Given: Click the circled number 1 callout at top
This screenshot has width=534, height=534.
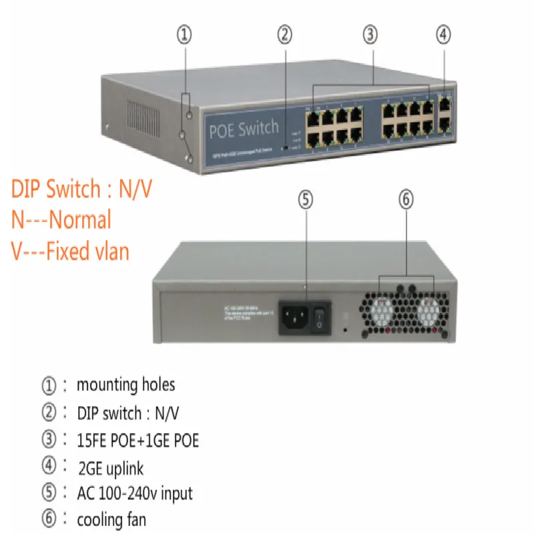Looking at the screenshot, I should [185, 35].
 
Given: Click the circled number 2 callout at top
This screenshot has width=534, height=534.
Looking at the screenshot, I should [285, 35].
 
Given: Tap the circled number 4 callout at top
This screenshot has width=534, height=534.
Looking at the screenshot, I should [445, 35].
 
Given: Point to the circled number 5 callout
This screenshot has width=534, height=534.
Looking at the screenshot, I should [305, 200].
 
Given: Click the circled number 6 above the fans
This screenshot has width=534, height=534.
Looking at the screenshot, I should [405, 200].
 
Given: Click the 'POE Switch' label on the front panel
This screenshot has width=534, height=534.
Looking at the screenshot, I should [244, 128].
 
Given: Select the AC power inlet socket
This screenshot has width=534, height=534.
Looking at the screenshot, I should [294, 320].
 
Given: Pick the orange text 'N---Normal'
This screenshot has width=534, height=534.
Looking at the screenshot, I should [61, 220].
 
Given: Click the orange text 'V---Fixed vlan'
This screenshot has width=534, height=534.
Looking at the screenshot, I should [69, 251].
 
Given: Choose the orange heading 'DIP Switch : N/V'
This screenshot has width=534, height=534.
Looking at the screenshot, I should [81, 189].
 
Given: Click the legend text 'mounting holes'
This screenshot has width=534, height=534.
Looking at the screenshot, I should [125, 384].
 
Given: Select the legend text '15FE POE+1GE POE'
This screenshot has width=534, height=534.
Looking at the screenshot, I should [138, 441].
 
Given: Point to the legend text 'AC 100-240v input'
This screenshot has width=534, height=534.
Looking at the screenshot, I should [135, 493].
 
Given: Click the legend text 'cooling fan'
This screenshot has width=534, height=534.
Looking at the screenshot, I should [111, 519].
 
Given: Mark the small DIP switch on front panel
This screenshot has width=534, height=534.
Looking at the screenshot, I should [286, 146].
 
